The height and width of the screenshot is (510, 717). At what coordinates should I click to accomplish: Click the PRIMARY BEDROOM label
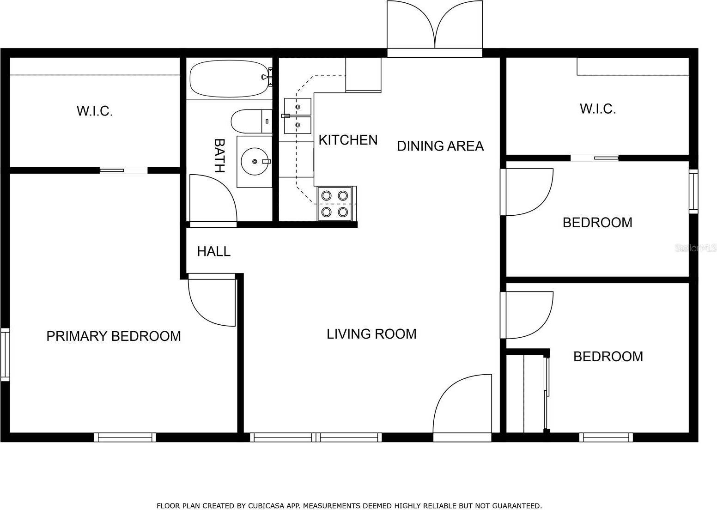coord(114,336)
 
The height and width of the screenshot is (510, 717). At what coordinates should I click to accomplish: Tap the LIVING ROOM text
coord(371,334)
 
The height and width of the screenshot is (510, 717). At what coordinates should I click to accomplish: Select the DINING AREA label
coord(440,146)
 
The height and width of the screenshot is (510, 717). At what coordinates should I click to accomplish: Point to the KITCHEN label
coord(348,140)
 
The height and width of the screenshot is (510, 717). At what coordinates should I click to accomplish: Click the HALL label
coord(213,251)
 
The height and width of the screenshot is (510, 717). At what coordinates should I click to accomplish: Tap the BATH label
coord(219,155)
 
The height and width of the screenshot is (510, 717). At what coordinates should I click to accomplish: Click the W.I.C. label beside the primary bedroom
coord(95,111)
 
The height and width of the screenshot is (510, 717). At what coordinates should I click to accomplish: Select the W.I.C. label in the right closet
coord(597,109)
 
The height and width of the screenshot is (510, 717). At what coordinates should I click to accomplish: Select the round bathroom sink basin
coord(254,161)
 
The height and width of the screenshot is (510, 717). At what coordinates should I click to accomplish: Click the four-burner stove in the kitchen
coord(334,204)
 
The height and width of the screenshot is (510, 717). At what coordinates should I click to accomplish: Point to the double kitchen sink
coord(298,116)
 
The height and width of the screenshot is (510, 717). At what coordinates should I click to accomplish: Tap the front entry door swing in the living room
coord(462,407)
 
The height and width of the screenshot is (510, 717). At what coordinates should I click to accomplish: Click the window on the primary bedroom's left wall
coord(5,354)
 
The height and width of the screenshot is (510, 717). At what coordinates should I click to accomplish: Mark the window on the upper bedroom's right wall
coord(693,191)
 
